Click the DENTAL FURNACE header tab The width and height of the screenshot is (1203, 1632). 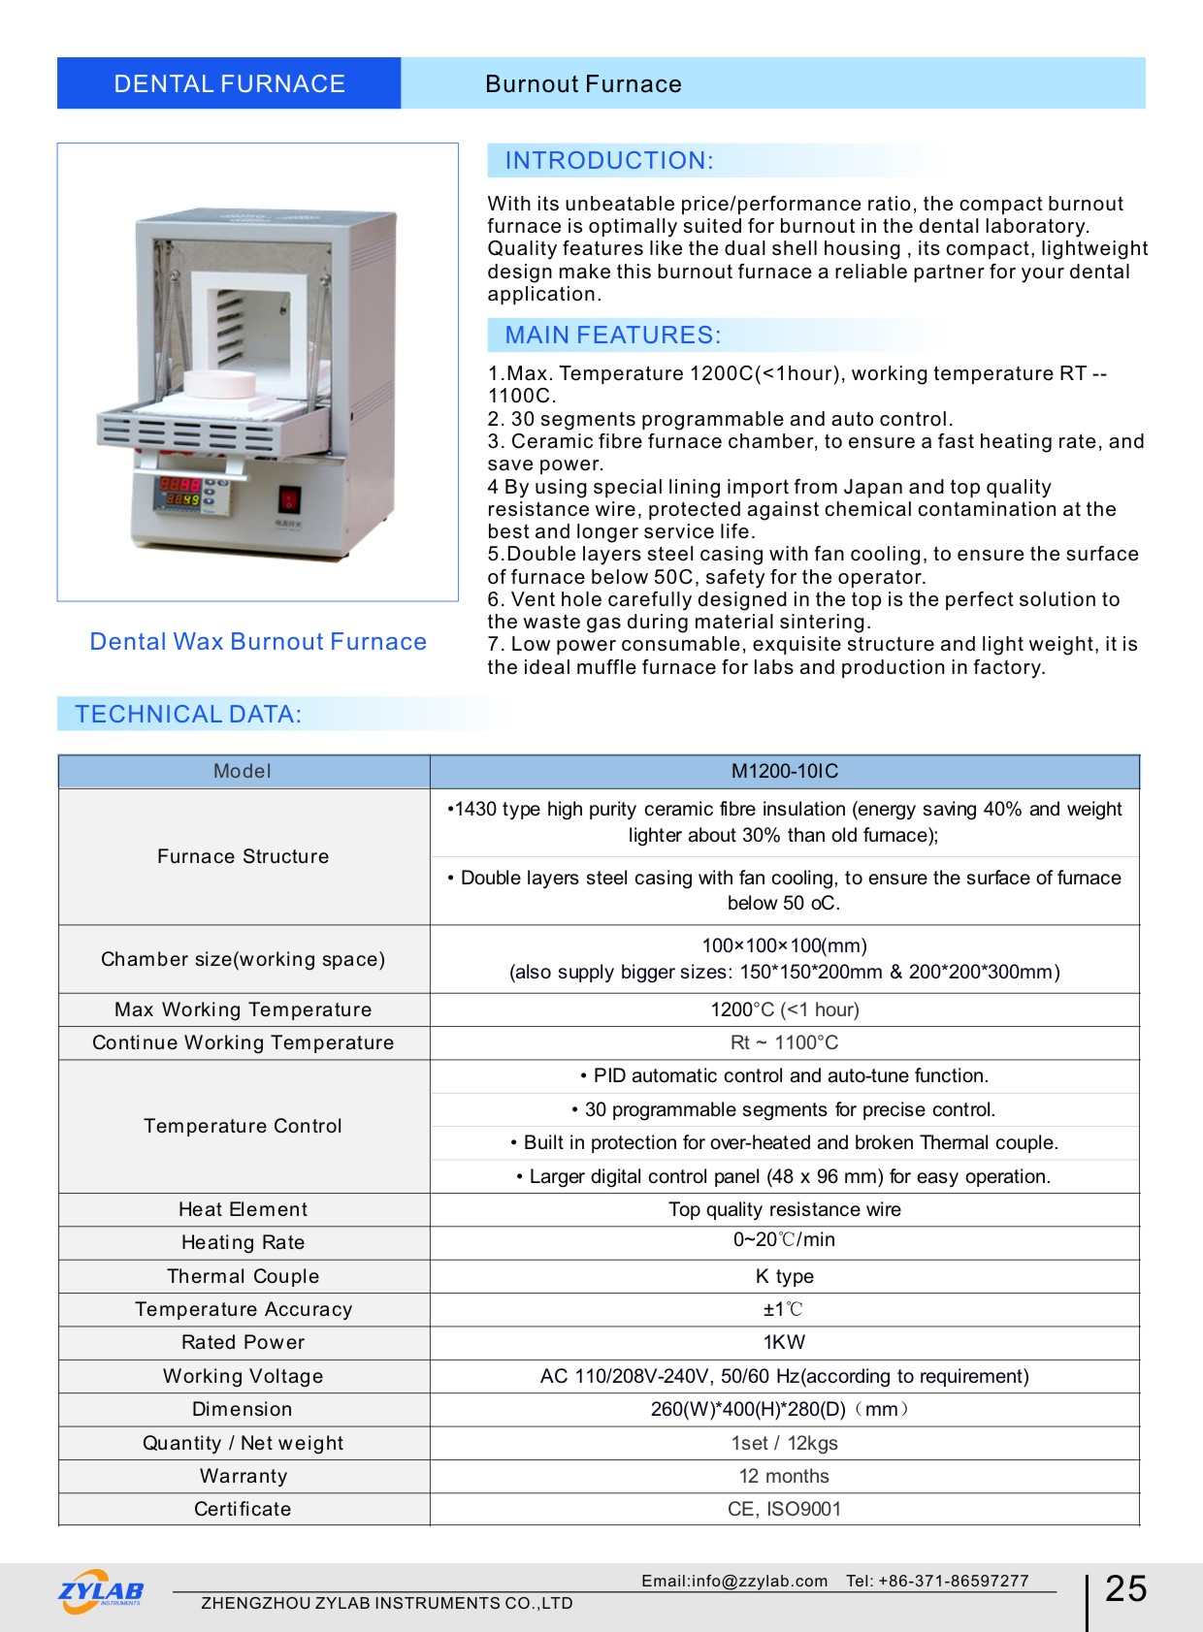[x=229, y=83]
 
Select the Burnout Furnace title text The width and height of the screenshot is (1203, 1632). [x=583, y=84]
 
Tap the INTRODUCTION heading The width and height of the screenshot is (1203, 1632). [x=609, y=161]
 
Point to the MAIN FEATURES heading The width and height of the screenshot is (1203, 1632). [x=613, y=336]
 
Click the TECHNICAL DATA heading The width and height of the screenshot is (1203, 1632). [x=189, y=715]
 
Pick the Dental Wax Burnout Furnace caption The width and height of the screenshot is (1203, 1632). [x=258, y=642]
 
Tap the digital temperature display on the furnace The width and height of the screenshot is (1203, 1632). [x=180, y=492]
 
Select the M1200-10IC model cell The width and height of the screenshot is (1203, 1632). [x=784, y=772]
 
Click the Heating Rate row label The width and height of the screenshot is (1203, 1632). [x=244, y=1243]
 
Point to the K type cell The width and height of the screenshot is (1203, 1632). [x=784, y=1276]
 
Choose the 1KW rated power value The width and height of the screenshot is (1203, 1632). [x=784, y=1342]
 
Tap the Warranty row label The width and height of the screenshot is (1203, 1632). [x=244, y=1476]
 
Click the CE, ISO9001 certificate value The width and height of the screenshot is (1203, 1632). [x=784, y=1509]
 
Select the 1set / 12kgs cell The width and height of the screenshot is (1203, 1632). [x=784, y=1443]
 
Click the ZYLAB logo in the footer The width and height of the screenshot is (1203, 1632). [x=101, y=1591]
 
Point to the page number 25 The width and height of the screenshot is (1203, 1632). [x=1125, y=1588]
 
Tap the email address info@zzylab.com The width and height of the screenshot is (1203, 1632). [x=760, y=1581]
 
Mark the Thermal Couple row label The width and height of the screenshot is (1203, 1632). [x=244, y=1276]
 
